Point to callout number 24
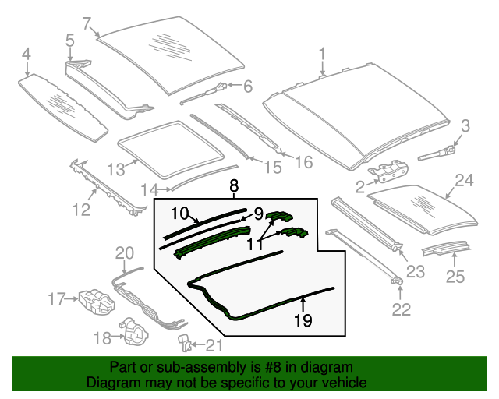tap(464, 181)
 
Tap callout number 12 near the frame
tap(81, 210)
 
